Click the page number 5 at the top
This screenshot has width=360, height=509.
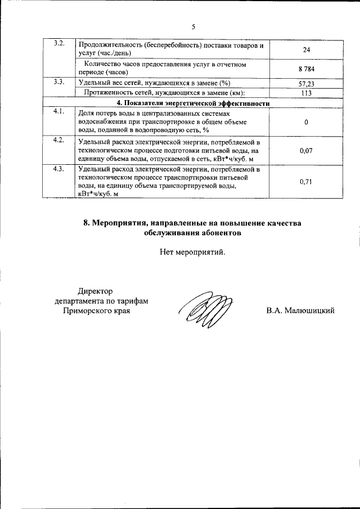[x=193, y=26]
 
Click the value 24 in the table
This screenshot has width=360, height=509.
[x=307, y=49]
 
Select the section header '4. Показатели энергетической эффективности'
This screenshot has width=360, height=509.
[x=193, y=103]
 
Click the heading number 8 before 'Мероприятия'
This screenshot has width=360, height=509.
[x=86, y=223]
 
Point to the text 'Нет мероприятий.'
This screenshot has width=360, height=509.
[x=192, y=252]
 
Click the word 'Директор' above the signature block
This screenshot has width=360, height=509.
[x=96, y=291]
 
